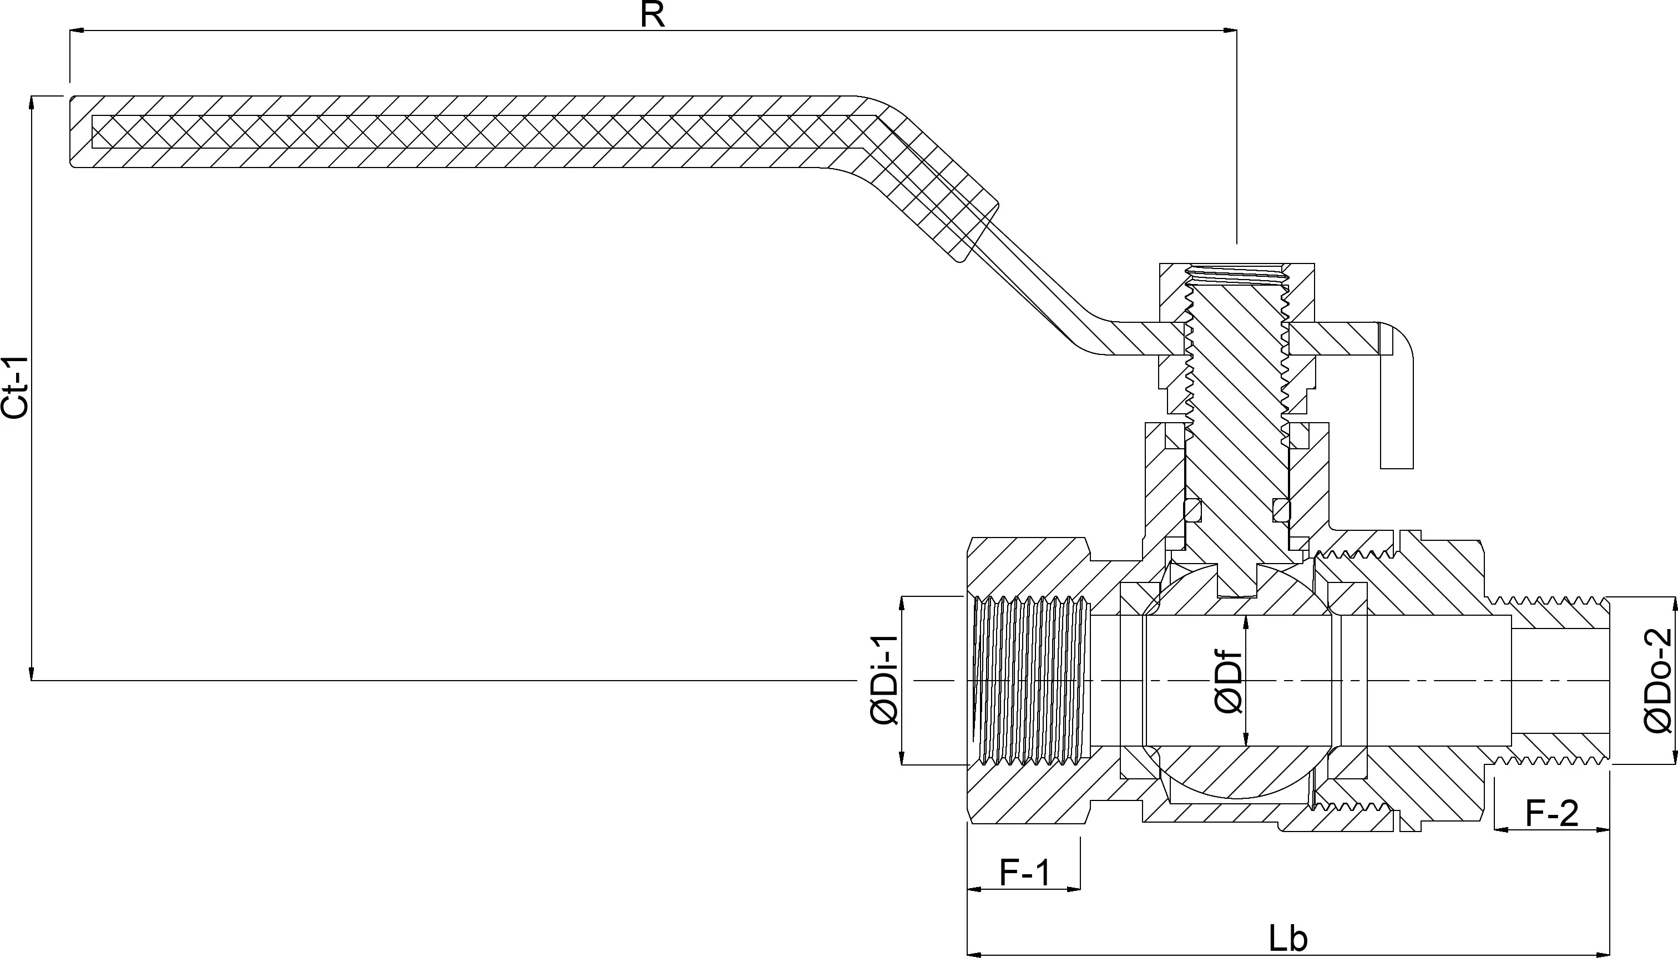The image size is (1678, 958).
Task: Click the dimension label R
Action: [x=652, y=14]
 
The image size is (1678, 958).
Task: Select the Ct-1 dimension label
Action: [x=14, y=388]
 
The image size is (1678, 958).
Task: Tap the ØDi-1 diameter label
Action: [x=884, y=680]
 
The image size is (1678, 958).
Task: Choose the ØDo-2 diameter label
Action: [x=1657, y=680]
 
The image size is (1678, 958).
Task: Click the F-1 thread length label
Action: [x=1024, y=873]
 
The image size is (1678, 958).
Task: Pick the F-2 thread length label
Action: [x=1551, y=814]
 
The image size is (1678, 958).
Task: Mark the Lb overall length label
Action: [x=1288, y=938]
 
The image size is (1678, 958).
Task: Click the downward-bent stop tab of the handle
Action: [x=1396, y=408]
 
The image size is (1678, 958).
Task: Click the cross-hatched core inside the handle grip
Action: [x=461, y=131]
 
